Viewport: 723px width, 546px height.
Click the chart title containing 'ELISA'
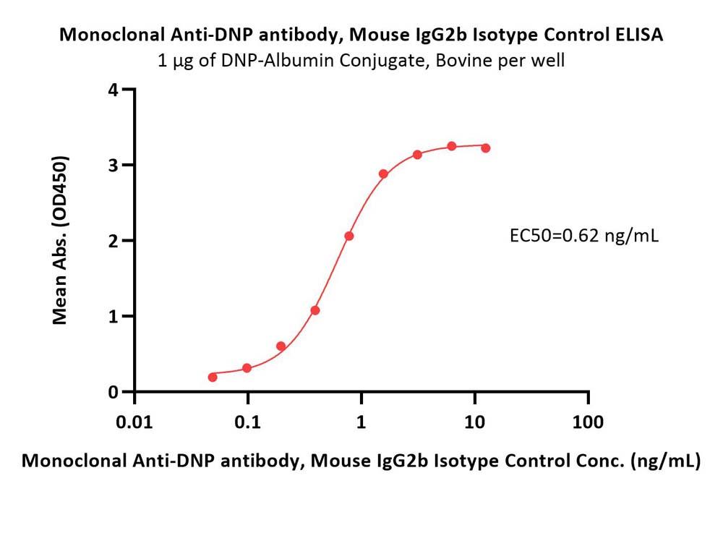pyautogui.click(x=361, y=35)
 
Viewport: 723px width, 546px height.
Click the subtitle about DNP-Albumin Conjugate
pyautogui.click(x=361, y=60)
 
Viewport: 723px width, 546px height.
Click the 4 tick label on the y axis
pyautogui.click(x=112, y=90)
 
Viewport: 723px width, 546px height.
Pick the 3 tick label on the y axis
pyautogui.click(x=112, y=165)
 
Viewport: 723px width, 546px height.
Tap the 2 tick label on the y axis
pyautogui.click(x=112, y=241)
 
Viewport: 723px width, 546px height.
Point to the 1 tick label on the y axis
pyautogui.click(x=112, y=316)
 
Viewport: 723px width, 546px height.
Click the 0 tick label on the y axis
pyautogui.click(x=112, y=392)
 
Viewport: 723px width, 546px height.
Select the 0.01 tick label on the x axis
pyautogui.click(x=134, y=422)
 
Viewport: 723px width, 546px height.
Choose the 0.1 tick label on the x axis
pyautogui.click(x=248, y=422)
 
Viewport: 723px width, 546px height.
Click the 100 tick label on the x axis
pyautogui.click(x=589, y=422)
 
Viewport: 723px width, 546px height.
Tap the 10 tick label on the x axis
pyautogui.click(x=475, y=422)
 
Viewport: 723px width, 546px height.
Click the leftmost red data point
pyautogui.click(x=213, y=377)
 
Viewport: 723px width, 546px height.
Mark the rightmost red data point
pyautogui.click(x=486, y=148)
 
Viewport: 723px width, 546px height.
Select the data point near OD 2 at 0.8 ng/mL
pyautogui.click(x=349, y=236)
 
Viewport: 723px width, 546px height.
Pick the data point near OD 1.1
pyautogui.click(x=315, y=310)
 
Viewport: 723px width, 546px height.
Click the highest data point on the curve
pyautogui.click(x=452, y=146)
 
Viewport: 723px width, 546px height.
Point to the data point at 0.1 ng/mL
pyautogui.click(x=247, y=368)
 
